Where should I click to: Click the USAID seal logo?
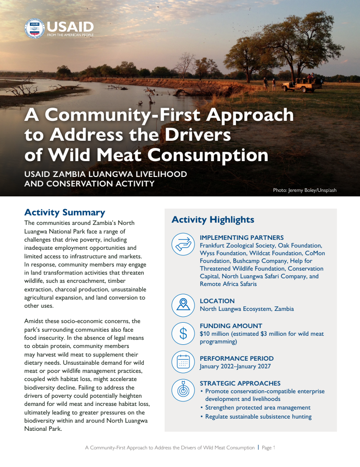35,28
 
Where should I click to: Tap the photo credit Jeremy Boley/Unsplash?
304,190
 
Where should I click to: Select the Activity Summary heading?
64,212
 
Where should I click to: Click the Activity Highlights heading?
213,220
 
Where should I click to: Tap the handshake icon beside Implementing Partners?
183,244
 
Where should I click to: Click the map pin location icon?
183,305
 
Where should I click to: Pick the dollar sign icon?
183,334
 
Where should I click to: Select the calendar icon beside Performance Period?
183,362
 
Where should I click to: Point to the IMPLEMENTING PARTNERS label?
242,238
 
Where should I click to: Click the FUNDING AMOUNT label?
231,326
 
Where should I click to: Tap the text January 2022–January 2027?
236,366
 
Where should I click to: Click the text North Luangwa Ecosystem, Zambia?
246,309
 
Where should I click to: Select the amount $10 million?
214,334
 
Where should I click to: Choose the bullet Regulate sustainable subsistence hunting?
258,416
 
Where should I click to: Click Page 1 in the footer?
269,448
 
